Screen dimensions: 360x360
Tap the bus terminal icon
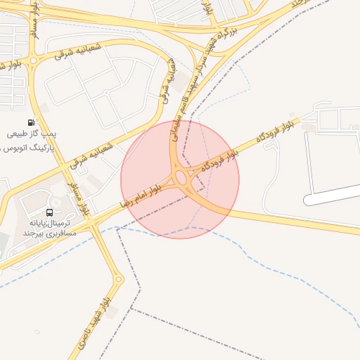[x=49, y=212]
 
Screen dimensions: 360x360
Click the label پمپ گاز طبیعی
[x=33, y=134]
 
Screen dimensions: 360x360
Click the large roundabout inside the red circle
[x=186, y=179]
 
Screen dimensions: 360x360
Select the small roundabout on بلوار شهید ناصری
[x=119, y=279]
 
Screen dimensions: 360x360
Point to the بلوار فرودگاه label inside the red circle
[x=219, y=160]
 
